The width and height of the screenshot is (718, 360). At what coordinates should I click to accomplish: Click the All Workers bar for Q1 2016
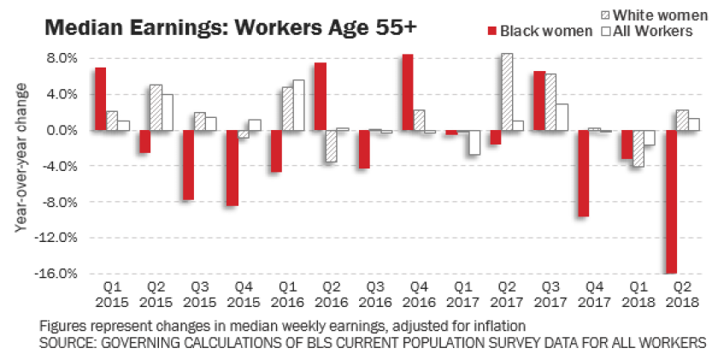click(298, 105)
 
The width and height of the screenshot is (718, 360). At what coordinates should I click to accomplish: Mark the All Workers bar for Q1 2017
click(474, 143)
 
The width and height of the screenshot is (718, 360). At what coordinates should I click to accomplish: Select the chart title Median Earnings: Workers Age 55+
click(231, 27)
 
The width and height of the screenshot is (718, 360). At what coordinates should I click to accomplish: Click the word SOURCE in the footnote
click(69, 342)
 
